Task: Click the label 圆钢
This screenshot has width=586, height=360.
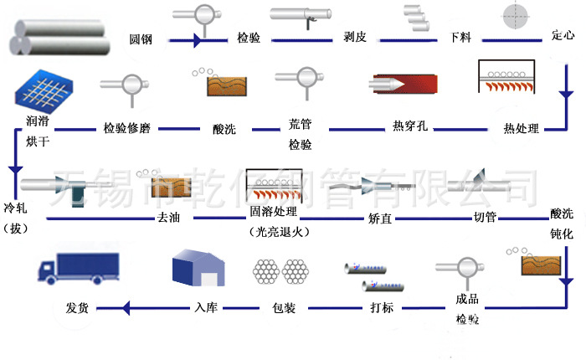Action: [140, 39]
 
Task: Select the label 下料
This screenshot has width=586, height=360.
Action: [460, 39]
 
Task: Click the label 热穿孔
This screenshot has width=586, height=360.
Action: [410, 127]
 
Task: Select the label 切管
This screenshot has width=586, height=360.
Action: [485, 218]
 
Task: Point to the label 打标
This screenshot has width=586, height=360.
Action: [383, 307]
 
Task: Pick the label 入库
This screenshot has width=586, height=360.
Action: [206, 307]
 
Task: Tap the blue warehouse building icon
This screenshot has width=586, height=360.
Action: [198, 269]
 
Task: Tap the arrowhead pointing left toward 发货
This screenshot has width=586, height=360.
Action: [126, 308]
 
